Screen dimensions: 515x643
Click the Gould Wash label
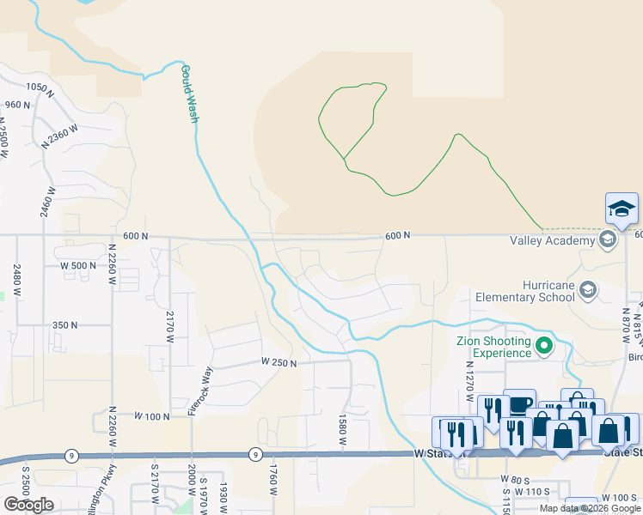point(189,94)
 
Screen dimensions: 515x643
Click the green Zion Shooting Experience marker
point(544,347)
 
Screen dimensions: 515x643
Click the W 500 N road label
point(78,265)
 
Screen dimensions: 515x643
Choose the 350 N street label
point(64,325)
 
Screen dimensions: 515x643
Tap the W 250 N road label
point(279,363)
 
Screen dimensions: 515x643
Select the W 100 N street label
point(153,415)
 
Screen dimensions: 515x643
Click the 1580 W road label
point(342,429)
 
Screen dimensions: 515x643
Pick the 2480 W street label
point(16,280)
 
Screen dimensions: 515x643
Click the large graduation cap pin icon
point(622,209)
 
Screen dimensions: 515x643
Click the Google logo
point(28,505)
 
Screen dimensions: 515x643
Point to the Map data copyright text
point(591,508)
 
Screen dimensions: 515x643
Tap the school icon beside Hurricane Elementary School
point(589,289)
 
